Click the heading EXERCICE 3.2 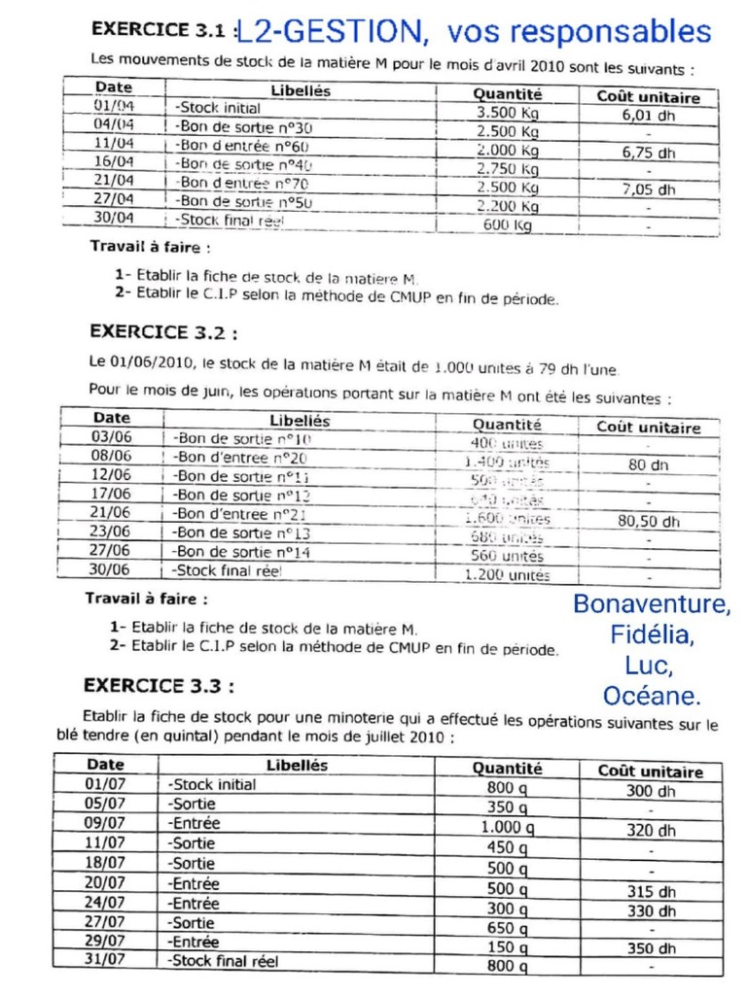162,331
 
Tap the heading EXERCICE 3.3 159,685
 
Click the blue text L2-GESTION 331,33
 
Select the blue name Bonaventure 651,603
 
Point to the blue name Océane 651,696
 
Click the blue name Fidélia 652,635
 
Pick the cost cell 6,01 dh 648,114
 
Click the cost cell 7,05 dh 648,189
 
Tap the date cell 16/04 114,161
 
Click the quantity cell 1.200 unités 507,574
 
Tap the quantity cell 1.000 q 507,828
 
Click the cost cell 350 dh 650,948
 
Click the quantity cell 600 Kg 507,224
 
